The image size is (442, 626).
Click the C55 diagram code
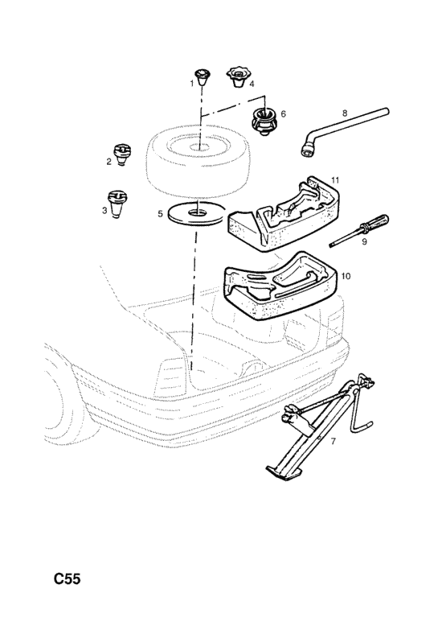(x=68, y=579)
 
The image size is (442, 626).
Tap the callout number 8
(x=345, y=113)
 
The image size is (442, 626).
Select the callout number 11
(x=335, y=180)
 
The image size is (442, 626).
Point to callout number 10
(x=346, y=276)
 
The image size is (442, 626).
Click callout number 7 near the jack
(x=333, y=441)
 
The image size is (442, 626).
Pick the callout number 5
(x=161, y=213)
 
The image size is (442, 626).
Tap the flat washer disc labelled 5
(x=196, y=213)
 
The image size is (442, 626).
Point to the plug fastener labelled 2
(x=122, y=154)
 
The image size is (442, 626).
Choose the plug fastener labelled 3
(x=117, y=204)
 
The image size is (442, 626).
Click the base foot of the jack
(x=283, y=472)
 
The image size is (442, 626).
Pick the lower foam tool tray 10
(x=281, y=287)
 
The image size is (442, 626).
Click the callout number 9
(x=364, y=241)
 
